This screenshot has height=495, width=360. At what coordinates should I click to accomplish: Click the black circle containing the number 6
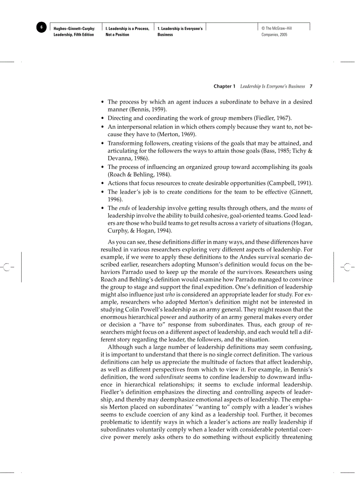[x=41, y=27]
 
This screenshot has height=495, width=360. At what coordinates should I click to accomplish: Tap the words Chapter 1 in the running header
[x=225, y=86]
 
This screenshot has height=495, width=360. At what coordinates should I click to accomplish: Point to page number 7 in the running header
[x=311, y=86]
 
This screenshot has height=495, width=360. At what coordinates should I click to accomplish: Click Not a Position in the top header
[x=117, y=35]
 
